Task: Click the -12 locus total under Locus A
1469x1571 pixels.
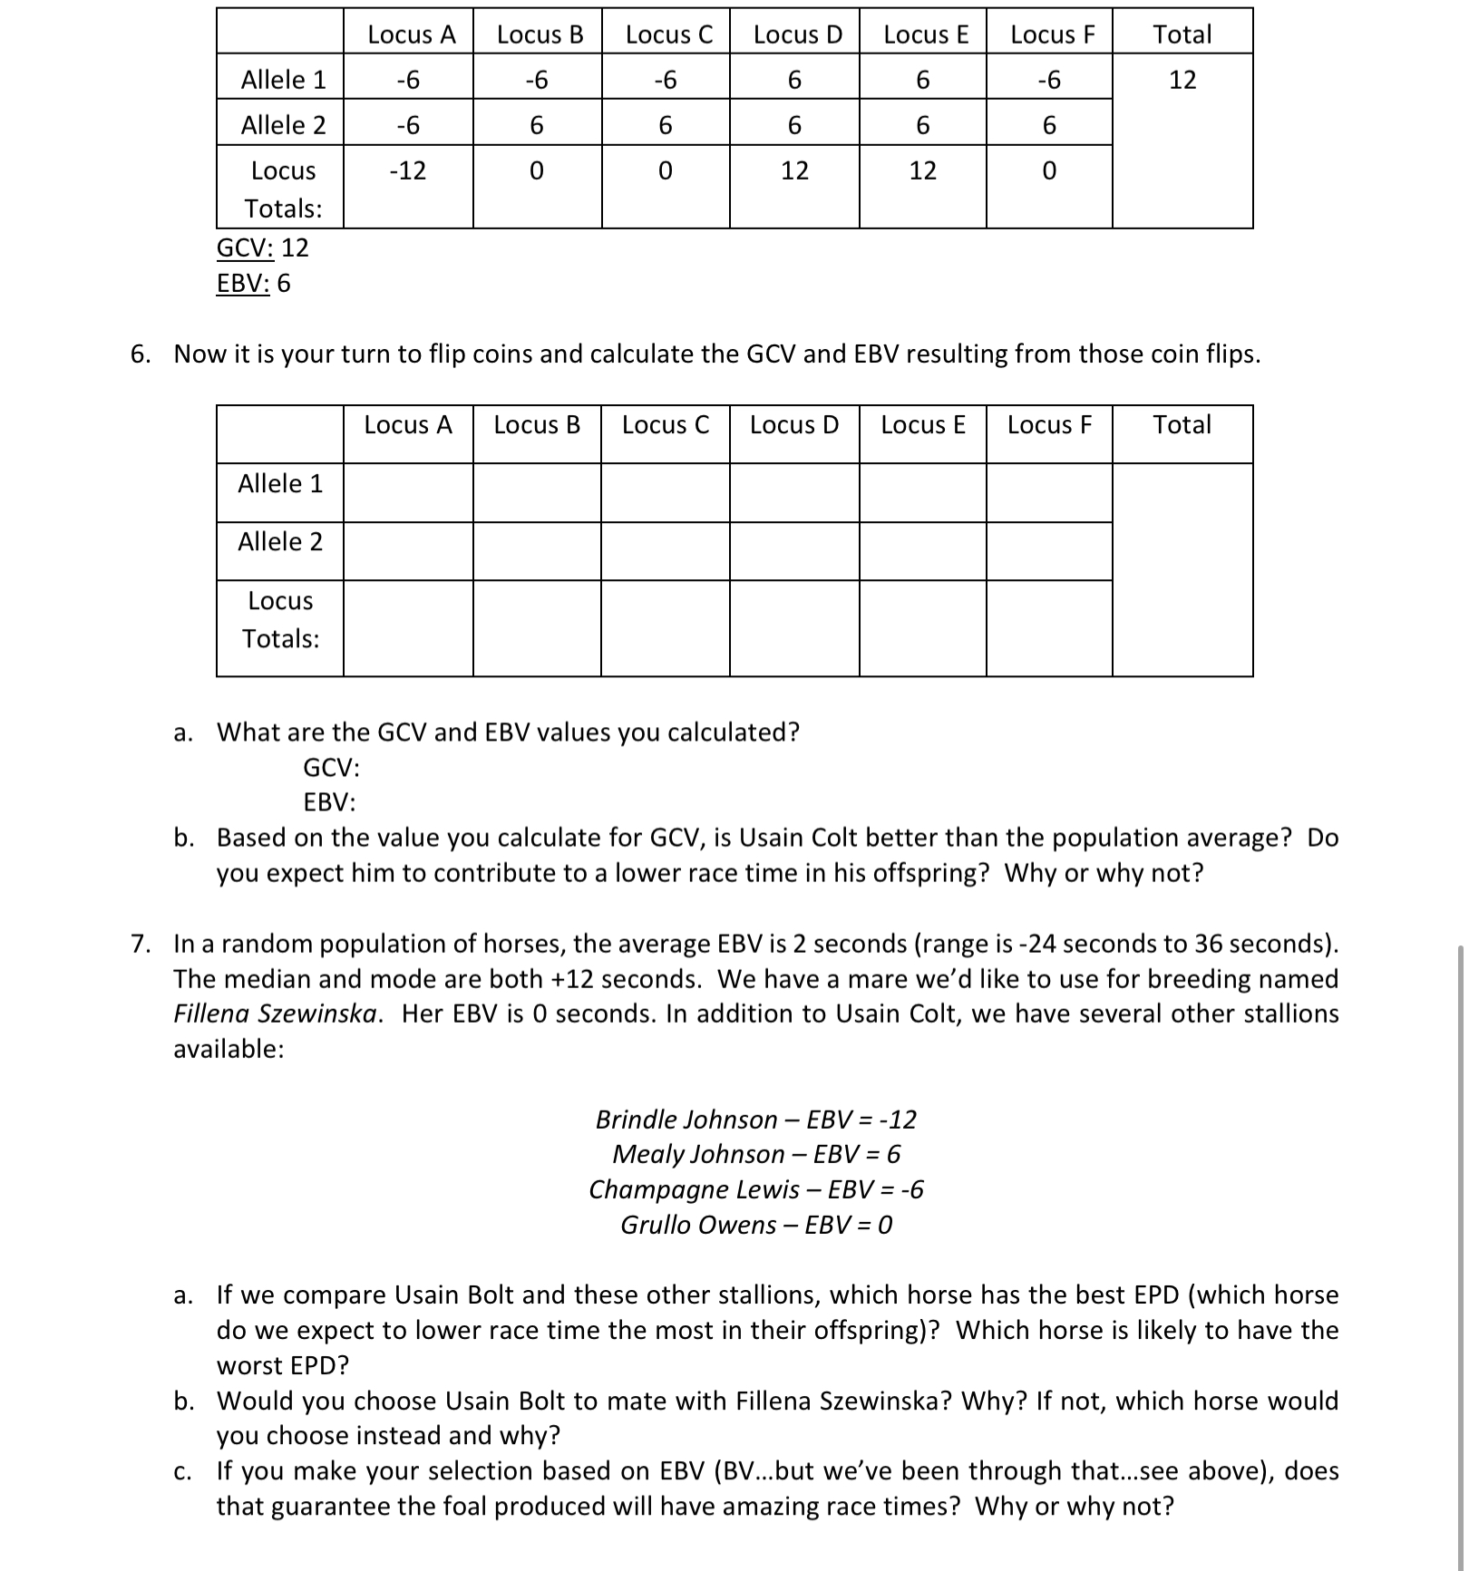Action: point(407,170)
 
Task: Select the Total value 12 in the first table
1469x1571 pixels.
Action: point(1182,80)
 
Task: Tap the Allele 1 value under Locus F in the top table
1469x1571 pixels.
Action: point(1048,80)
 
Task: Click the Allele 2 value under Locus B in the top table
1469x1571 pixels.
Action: point(536,125)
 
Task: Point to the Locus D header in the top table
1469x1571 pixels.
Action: point(797,34)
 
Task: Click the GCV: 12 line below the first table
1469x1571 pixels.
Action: point(262,247)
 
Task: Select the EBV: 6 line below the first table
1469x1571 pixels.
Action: point(253,284)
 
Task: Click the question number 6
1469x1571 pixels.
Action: point(140,354)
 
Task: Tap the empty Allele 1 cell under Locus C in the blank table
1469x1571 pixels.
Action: point(665,492)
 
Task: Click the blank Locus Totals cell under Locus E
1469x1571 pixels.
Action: point(921,627)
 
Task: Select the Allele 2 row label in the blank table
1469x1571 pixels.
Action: point(279,542)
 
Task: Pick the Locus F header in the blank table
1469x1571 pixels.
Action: point(1049,424)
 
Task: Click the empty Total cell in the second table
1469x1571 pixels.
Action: point(1182,569)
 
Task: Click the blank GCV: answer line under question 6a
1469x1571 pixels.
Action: point(332,768)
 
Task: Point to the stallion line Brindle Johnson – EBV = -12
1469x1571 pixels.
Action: point(755,1120)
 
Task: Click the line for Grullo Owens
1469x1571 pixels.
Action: point(755,1225)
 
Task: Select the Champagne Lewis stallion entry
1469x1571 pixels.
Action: point(755,1189)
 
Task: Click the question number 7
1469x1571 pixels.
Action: point(140,944)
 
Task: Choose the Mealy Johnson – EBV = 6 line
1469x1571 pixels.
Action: point(755,1154)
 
